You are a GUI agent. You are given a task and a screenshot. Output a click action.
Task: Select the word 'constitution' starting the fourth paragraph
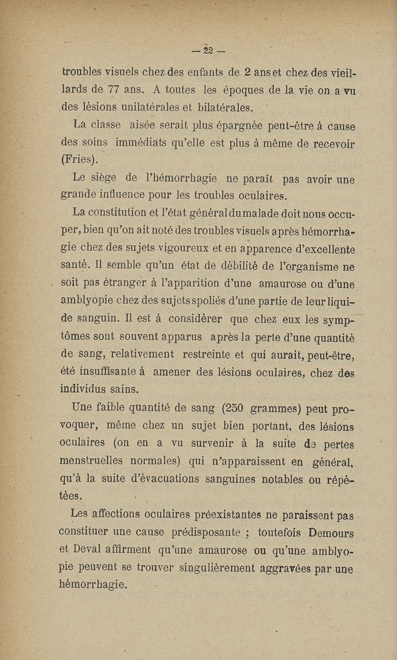[x=118, y=212]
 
